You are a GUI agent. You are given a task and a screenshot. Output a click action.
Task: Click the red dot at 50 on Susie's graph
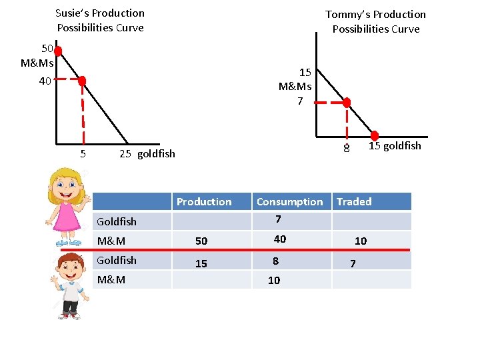click(58, 51)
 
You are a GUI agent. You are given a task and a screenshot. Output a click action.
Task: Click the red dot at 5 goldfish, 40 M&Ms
click(82, 81)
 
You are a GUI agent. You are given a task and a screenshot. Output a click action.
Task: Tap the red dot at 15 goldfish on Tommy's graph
click(375, 135)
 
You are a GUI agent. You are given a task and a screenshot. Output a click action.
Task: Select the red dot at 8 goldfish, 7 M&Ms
click(347, 102)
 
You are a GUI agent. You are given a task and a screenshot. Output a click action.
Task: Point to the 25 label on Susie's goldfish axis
click(125, 154)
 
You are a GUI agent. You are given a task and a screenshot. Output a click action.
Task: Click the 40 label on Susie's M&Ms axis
click(45, 81)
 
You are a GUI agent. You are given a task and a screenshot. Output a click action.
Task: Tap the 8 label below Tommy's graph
click(346, 149)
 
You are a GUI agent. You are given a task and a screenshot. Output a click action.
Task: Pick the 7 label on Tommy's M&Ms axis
click(300, 101)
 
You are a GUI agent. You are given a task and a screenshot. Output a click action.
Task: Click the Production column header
click(204, 202)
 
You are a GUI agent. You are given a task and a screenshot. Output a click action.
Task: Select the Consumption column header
click(289, 202)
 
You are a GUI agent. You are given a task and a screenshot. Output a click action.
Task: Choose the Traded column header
click(354, 201)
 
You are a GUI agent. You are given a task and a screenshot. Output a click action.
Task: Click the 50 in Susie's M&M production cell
click(201, 241)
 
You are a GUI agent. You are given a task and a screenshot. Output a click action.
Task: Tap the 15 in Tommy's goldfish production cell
click(201, 263)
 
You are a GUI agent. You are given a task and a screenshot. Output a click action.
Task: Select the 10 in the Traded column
click(361, 241)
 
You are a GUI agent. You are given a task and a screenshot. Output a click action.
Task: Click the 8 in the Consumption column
click(276, 261)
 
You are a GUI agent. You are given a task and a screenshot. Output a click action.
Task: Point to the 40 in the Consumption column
click(280, 239)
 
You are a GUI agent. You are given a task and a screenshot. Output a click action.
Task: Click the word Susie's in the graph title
click(73, 13)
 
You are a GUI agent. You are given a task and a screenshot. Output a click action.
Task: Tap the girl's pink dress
click(67, 218)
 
